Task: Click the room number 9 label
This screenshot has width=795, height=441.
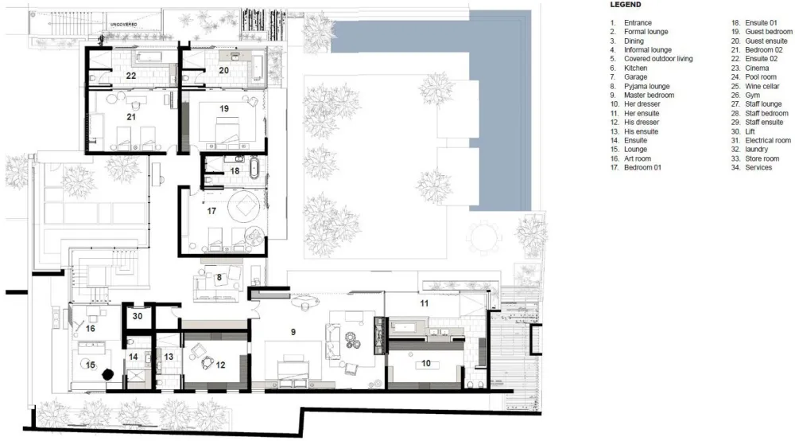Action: point(293,332)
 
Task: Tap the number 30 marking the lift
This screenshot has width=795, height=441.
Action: point(138,316)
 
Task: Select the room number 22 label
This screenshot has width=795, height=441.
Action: point(131,76)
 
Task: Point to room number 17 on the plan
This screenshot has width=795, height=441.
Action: point(211,211)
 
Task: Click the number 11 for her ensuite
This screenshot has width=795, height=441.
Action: point(425,303)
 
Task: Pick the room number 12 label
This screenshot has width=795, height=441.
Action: point(220,365)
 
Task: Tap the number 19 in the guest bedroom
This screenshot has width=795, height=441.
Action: point(224,108)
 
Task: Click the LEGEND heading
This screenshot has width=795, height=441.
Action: point(626,5)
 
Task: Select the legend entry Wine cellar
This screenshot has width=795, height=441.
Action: point(762,86)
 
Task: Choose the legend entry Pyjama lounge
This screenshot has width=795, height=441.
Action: point(646,86)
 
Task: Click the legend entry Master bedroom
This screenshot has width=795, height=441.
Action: point(649,95)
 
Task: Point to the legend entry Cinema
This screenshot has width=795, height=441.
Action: point(757,68)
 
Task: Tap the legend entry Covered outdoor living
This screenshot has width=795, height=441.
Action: point(658,59)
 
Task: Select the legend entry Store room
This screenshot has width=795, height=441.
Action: point(762,158)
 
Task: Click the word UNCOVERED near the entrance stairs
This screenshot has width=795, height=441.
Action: point(124,25)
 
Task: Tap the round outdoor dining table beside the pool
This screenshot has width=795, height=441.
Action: point(485,237)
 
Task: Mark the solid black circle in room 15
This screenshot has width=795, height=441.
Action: point(107,374)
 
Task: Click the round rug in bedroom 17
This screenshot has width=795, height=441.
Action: point(245,206)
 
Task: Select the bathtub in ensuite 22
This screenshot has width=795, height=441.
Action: point(148,56)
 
